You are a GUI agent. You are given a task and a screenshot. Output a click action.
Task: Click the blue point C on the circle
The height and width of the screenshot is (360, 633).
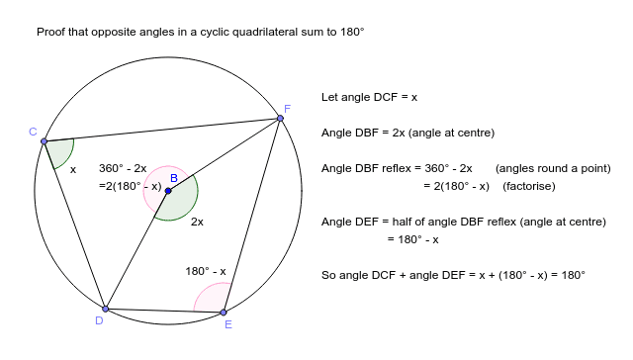(x=44, y=141)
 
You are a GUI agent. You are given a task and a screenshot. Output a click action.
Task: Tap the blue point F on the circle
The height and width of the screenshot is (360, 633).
(x=281, y=119)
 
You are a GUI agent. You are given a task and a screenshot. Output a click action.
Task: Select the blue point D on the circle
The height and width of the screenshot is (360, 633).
(x=105, y=309)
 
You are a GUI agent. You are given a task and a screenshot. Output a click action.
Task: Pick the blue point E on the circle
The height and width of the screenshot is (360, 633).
(x=224, y=313)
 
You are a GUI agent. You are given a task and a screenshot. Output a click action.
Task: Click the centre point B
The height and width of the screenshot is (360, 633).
(x=168, y=190)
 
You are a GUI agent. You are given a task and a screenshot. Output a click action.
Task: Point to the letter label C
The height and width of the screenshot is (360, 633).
(x=33, y=132)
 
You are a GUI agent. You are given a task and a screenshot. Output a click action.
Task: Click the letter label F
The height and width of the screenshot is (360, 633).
(x=287, y=108)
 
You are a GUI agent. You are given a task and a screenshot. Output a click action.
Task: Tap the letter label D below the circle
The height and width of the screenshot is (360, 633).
(x=99, y=320)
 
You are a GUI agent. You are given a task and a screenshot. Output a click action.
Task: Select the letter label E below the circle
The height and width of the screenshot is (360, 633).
(x=228, y=324)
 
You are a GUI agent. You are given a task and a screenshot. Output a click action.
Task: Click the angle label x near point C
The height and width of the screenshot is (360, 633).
(x=72, y=169)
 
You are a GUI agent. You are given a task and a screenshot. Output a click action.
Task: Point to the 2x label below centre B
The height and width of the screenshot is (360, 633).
(x=197, y=222)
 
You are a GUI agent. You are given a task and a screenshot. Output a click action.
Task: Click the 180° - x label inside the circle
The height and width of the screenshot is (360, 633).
(x=206, y=271)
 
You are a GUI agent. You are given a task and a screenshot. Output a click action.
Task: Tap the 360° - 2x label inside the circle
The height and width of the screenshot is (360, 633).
(x=122, y=168)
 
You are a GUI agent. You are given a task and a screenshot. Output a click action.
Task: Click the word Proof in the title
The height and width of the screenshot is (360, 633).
(x=51, y=33)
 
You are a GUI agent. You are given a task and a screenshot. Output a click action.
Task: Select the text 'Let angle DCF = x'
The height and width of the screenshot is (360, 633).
(x=369, y=97)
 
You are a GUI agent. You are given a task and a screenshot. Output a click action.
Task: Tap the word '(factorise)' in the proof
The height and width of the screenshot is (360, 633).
(x=530, y=186)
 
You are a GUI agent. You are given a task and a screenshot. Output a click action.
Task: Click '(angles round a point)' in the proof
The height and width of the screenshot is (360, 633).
(x=553, y=168)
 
